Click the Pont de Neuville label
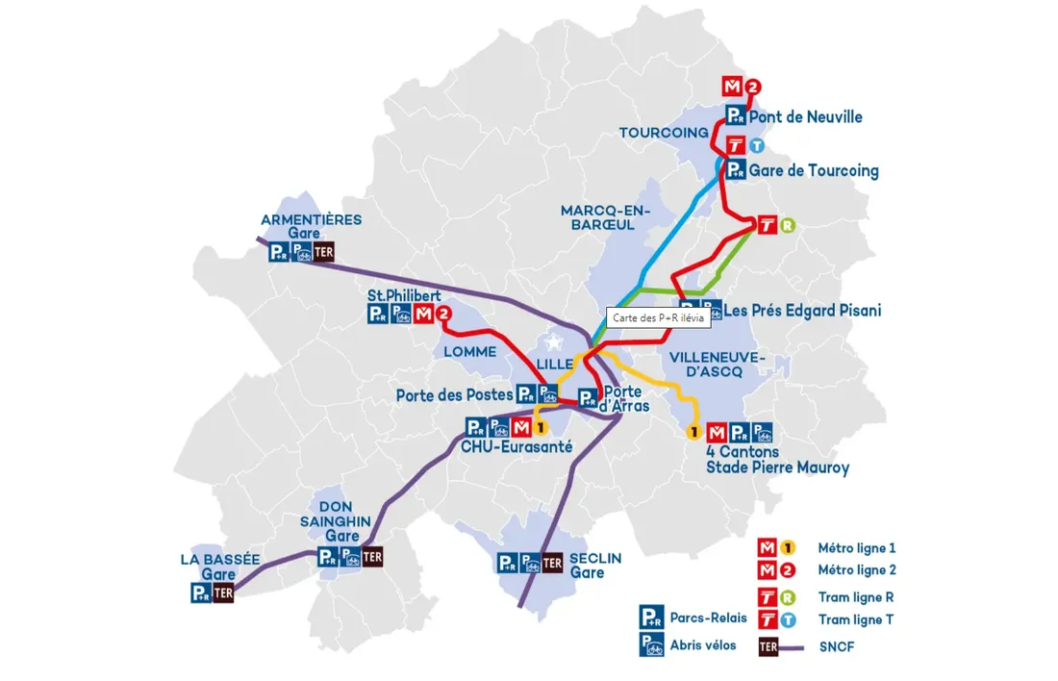point(805,117)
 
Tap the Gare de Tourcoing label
point(814,171)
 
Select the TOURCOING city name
point(663,133)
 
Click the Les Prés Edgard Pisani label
point(802,311)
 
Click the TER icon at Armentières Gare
point(324,253)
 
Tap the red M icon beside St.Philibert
point(423,314)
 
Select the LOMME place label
point(469,352)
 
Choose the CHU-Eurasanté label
point(516,447)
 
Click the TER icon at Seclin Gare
point(552,564)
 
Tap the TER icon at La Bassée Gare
point(223,593)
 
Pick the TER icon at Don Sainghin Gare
point(372,557)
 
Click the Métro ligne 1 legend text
point(856,548)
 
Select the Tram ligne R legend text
point(855,597)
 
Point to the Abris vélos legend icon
point(651,644)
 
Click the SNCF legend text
point(836,647)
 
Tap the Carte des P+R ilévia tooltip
point(659,317)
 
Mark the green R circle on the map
point(788,226)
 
